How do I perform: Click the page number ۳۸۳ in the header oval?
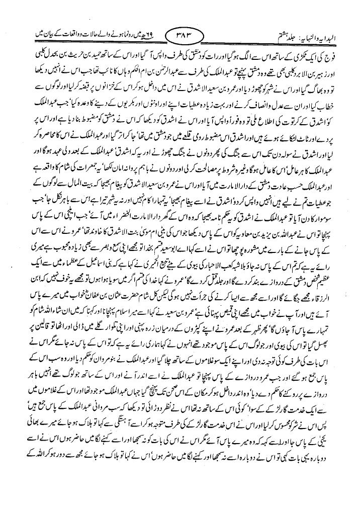pos(179,37)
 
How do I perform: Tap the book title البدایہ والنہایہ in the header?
pos(326,37)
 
